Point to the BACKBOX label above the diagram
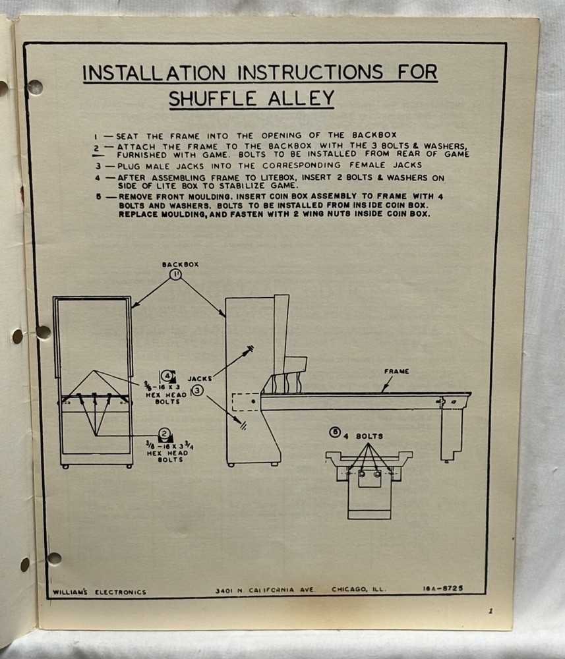pyautogui.click(x=181, y=264)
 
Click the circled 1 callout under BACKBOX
pyautogui.click(x=175, y=274)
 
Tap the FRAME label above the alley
pyautogui.click(x=396, y=372)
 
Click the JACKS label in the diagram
pyautogui.click(x=200, y=379)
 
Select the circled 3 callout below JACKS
pyautogui.click(x=197, y=391)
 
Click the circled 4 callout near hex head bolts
pyautogui.click(x=169, y=376)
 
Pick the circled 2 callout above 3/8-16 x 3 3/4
pyautogui.click(x=165, y=434)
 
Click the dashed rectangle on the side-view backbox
pyautogui.click(x=246, y=403)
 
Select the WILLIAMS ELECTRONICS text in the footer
pyautogui.click(x=100, y=592)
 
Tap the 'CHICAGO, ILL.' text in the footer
pyautogui.click(x=359, y=589)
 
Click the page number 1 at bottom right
pyautogui.click(x=491, y=612)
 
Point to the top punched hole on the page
pyautogui.click(x=35, y=87)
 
